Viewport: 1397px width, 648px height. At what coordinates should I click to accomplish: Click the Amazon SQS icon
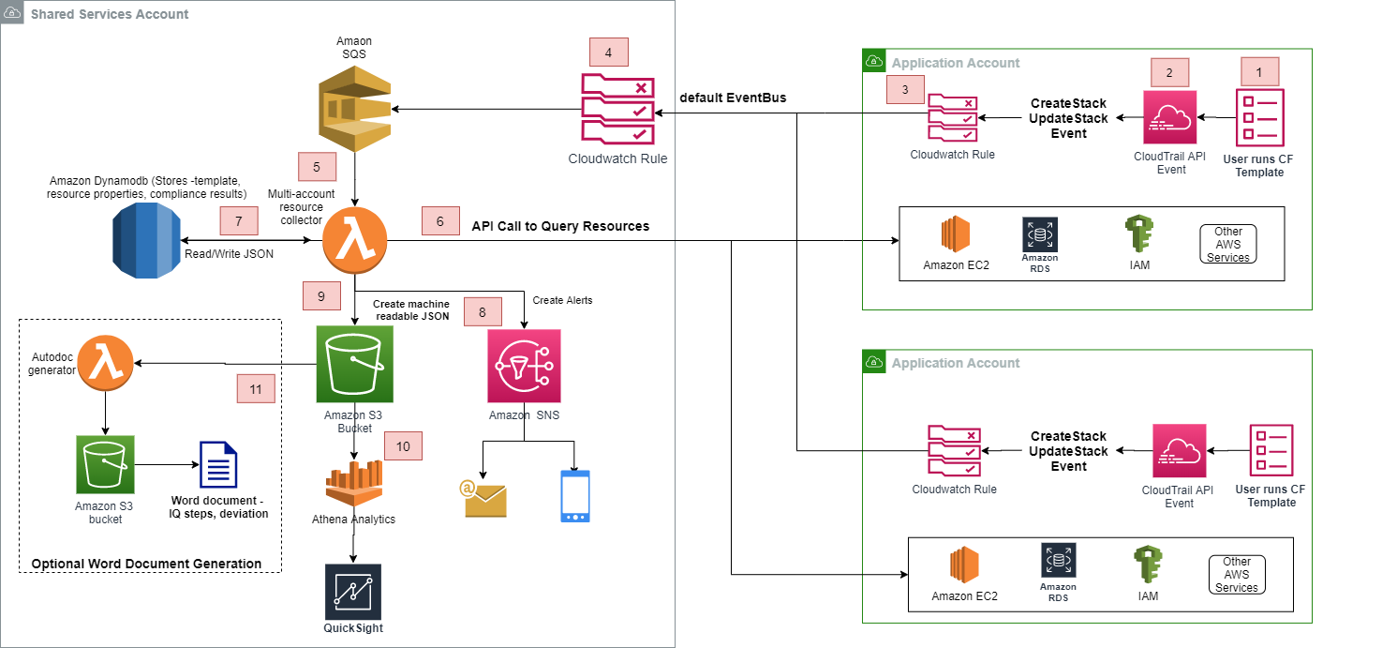(x=354, y=109)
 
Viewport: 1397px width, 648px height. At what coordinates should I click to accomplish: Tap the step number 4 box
(x=609, y=53)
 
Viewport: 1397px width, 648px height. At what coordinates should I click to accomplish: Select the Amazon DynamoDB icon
(x=146, y=240)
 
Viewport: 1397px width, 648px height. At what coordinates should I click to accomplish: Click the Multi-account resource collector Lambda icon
(x=354, y=240)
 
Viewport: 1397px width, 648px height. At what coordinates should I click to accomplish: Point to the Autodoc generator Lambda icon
(x=105, y=363)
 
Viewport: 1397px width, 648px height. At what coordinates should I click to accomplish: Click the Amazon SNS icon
(x=524, y=366)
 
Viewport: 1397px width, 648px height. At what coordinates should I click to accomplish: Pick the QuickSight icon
(x=353, y=592)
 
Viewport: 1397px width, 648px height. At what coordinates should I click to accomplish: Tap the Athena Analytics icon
(x=353, y=483)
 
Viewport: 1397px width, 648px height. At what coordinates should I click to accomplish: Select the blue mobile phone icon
(x=575, y=496)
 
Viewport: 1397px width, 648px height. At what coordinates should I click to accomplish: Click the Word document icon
(x=218, y=464)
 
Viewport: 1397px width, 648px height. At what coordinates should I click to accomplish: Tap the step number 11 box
(x=256, y=389)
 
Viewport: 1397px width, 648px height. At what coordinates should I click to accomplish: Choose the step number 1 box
(x=1260, y=72)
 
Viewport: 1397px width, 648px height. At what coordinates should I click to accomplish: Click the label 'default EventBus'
(x=733, y=98)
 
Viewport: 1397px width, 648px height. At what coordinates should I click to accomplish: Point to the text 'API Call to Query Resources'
(x=560, y=226)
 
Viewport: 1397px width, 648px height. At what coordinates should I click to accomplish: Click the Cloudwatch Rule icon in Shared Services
(x=617, y=109)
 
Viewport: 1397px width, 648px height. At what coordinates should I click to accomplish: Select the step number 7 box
(x=239, y=221)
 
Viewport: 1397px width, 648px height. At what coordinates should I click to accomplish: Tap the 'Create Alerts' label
(x=562, y=300)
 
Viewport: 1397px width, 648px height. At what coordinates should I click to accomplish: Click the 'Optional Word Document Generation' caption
(x=146, y=564)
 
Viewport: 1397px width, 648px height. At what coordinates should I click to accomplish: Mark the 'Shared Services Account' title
(x=110, y=14)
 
